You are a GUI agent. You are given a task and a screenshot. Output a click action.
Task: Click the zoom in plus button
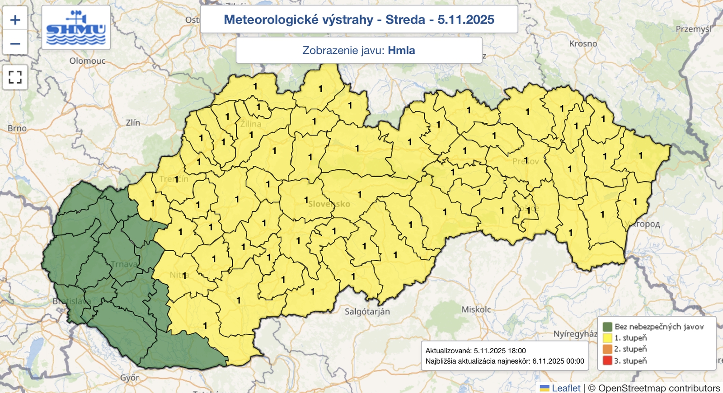pyautogui.click(x=15, y=20)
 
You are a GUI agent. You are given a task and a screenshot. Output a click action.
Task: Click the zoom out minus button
pyautogui.click(x=15, y=44)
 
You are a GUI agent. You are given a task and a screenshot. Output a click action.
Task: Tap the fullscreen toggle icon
pyautogui.click(x=15, y=77)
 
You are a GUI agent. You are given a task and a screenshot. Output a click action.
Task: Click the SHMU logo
pyautogui.click(x=76, y=28)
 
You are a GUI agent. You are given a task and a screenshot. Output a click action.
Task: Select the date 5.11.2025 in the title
pyautogui.click(x=465, y=19)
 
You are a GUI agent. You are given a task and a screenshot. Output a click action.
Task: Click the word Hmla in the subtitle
pyautogui.click(x=401, y=50)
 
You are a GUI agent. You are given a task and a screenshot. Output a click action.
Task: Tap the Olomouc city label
pyautogui.click(x=87, y=61)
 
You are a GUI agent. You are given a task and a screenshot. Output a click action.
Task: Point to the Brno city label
pyautogui.click(x=17, y=128)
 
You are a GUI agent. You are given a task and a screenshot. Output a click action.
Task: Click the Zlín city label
pyautogui.click(x=133, y=122)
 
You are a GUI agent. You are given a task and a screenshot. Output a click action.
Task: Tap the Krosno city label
pyautogui.click(x=583, y=44)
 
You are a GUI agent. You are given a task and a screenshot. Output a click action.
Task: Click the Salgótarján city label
pyautogui.click(x=367, y=311)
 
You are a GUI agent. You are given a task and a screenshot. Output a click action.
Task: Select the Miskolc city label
pyautogui.click(x=476, y=309)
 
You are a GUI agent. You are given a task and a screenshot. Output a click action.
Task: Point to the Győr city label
pyautogui.click(x=129, y=378)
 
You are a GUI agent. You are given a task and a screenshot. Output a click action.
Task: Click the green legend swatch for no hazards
pyautogui.click(x=607, y=327)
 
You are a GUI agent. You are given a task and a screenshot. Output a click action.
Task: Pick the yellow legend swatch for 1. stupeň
pyautogui.click(x=607, y=338)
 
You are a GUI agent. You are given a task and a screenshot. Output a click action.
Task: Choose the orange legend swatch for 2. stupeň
pyautogui.click(x=607, y=349)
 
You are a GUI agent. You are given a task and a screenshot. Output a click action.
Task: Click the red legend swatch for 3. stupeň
pyautogui.click(x=607, y=360)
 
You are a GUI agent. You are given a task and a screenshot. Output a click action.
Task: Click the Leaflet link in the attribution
pyautogui.click(x=566, y=388)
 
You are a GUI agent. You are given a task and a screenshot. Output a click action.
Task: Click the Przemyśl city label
pyautogui.click(x=693, y=29)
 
